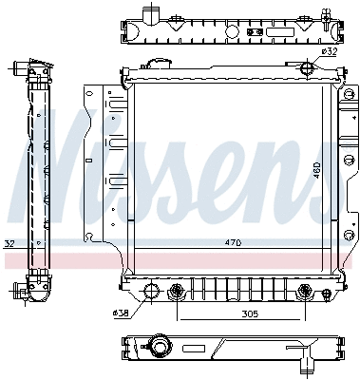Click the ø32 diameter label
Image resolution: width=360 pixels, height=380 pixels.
tap(329, 52)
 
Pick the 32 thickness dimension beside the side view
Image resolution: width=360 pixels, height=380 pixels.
tap(9, 243)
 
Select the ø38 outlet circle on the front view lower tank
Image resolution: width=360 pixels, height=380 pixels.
tap(149, 291)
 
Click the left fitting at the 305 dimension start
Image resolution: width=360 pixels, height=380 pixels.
tap(176, 291)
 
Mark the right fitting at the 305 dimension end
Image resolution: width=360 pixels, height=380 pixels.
tap(303, 291)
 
